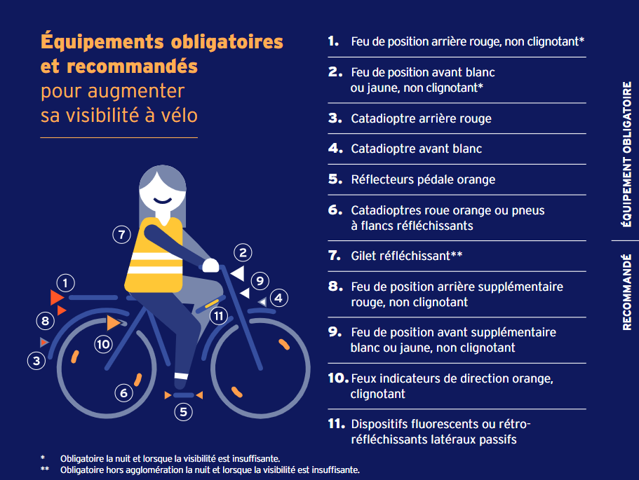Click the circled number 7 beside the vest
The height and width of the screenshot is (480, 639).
point(121,235)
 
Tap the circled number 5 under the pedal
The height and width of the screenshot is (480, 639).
point(183,412)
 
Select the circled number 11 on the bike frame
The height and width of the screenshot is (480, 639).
point(219,316)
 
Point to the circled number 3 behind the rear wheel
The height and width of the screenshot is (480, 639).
point(36,361)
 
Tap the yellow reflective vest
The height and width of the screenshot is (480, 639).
point(154,255)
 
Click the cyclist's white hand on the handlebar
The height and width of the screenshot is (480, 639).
point(210,266)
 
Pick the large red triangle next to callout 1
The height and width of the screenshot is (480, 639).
point(57,298)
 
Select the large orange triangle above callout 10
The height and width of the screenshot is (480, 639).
point(114,323)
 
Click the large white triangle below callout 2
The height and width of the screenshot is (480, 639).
point(238,273)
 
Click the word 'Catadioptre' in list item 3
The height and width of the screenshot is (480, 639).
point(383,118)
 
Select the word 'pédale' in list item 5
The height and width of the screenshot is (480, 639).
point(435,179)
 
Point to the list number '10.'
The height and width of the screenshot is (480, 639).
point(338,378)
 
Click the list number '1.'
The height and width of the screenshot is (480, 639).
point(333,41)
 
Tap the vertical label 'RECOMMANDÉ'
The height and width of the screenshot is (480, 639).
point(627,292)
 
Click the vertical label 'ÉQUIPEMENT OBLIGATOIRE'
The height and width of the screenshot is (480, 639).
point(627,154)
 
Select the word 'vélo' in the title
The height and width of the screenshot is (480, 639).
point(179,115)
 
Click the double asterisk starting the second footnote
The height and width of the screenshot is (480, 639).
point(45,469)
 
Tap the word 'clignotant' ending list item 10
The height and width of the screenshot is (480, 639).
point(378,394)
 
